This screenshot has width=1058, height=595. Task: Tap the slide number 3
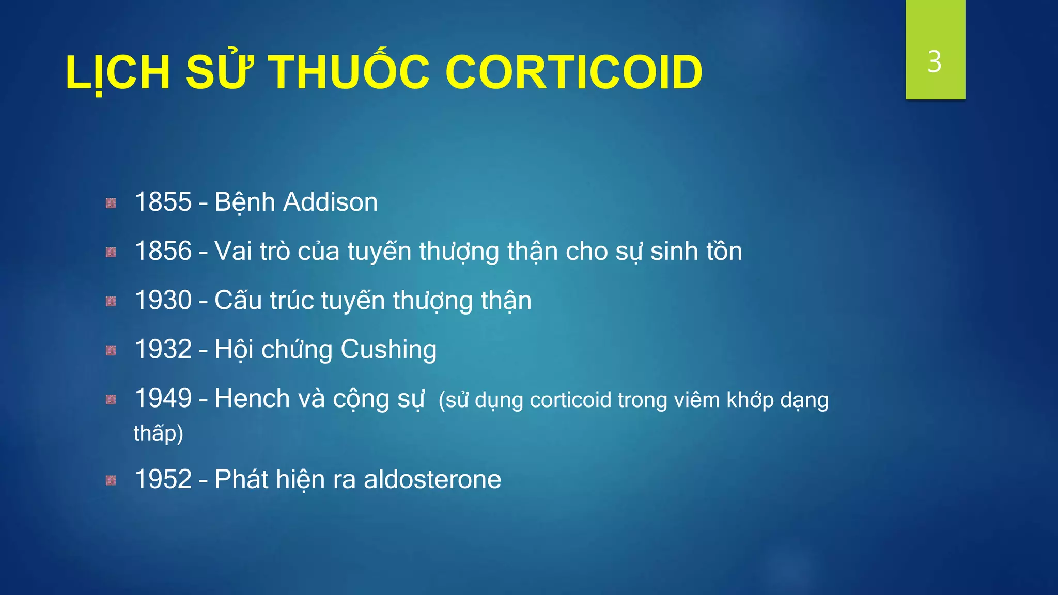pyautogui.click(x=934, y=62)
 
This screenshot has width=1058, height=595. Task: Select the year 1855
pyautogui.click(x=163, y=202)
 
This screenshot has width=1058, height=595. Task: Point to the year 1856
pyautogui.click(x=163, y=251)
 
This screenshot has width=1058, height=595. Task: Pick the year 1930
pyautogui.click(x=163, y=300)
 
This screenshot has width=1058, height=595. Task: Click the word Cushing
pyautogui.click(x=388, y=350)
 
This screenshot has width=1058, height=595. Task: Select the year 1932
pyautogui.click(x=163, y=349)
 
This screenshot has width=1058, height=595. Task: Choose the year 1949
pyautogui.click(x=163, y=398)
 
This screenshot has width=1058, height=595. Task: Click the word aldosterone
pyautogui.click(x=432, y=479)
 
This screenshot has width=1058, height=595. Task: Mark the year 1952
pyautogui.click(x=163, y=479)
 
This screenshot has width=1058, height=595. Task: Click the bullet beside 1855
pyautogui.click(x=111, y=203)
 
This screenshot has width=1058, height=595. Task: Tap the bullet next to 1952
pyautogui.click(x=111, y=481)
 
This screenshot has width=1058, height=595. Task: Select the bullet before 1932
pyautogui.click(x=111, y=351)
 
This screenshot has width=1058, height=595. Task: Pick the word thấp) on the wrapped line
pyautogui.click(x=159, y=433)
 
